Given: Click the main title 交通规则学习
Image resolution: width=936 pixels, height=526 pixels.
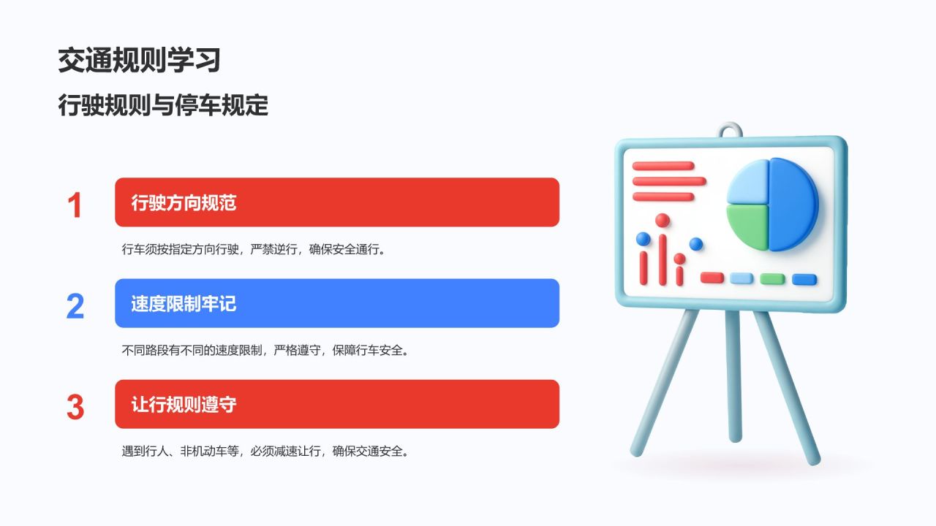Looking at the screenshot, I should coord(139,61).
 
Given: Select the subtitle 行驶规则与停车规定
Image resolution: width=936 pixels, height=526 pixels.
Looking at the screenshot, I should coord(163,106).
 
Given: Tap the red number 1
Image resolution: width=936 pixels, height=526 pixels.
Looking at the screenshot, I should coord(75,205).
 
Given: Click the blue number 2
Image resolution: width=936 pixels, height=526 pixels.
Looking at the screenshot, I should coord(75,306).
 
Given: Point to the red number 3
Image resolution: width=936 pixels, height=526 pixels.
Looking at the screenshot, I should coord(75,407).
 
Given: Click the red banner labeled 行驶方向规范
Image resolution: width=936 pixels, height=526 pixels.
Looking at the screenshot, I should coord(336,202).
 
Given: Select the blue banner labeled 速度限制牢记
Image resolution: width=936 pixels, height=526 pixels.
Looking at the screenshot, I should coord(336,303).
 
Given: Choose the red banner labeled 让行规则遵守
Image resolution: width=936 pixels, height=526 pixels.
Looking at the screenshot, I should coord(336,404).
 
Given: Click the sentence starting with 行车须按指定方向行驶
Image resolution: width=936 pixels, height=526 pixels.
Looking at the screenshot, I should coord(253,249).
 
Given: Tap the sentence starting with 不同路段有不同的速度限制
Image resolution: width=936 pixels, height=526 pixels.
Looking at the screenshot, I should coord(265,350).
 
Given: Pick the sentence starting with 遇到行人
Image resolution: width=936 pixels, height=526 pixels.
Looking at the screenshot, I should coord(265,451).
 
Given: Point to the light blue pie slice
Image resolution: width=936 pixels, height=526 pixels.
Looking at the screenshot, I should coord(747,183).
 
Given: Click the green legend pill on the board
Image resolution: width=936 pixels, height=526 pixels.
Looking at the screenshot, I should coord(772,279).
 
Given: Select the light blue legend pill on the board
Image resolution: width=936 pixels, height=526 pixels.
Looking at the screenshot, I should coord(741,278).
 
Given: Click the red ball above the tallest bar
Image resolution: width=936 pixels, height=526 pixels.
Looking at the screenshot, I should coord(663,220).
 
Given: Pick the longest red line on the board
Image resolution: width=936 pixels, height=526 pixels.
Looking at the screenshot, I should coord(669,181).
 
